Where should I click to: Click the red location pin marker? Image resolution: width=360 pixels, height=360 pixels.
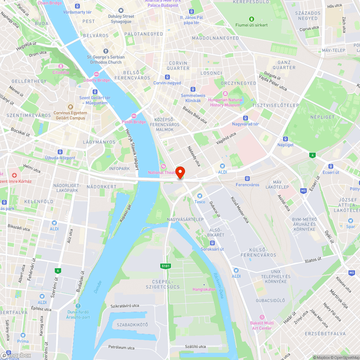(180, 172)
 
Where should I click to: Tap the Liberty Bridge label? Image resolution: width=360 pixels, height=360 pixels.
(96, 80)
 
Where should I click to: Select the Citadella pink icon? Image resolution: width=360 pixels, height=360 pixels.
(60, 66)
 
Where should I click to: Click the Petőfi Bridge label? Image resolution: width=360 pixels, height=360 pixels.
(134, 122)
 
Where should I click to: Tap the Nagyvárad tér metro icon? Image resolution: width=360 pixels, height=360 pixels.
(246, 118)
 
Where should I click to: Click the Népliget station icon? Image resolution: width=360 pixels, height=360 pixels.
(285, 139)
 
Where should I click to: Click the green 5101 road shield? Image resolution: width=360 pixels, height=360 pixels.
(165, 266)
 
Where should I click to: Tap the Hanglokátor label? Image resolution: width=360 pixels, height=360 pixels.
(204, 289)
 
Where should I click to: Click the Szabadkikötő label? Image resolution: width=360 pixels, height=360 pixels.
(132, 325)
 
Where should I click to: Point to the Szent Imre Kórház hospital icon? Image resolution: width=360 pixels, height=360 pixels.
(14, 175)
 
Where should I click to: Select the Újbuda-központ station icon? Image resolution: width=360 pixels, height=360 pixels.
(60, 152)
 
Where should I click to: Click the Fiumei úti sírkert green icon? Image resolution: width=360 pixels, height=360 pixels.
(252, 19)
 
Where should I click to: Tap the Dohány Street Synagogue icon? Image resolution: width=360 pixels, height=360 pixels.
(121, 10)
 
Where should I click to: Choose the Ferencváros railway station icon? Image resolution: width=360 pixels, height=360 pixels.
(247, 179)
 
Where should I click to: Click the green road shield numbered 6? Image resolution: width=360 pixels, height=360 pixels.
(57, 270)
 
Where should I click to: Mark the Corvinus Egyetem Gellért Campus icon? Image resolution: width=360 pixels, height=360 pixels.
(70, 107)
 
